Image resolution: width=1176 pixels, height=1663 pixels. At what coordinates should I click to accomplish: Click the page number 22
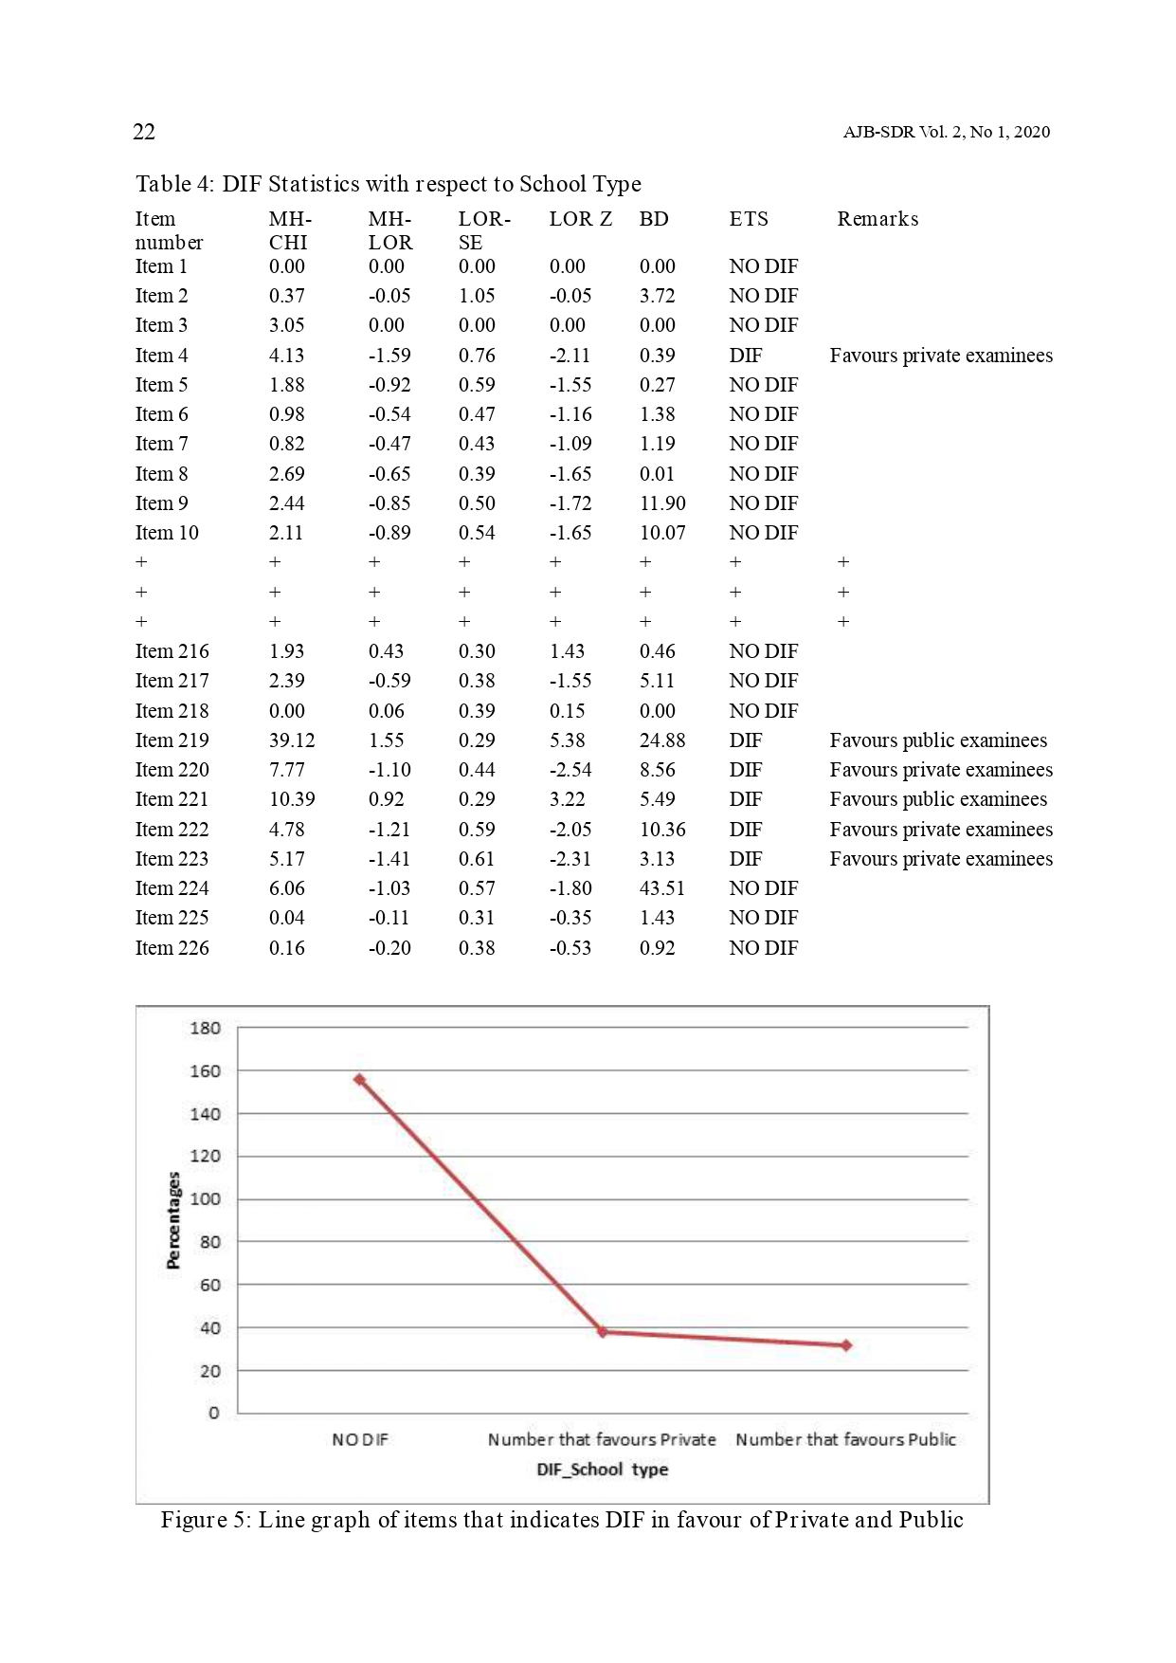[144, 132]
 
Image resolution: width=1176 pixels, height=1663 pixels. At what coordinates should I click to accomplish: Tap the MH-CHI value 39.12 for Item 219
[292, 740]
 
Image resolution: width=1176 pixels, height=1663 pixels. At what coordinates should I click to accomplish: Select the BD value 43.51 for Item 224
[661, 888]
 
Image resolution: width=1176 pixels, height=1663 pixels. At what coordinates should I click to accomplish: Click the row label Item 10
[167, 533]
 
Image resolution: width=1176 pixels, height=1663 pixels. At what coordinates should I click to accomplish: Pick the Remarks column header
[877, 219]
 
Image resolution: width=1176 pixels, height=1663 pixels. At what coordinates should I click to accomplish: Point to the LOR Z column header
[580, 219]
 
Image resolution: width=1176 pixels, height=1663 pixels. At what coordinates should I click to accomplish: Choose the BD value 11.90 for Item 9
[662, 503]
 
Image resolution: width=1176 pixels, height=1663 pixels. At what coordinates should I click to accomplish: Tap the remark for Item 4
[941, 356]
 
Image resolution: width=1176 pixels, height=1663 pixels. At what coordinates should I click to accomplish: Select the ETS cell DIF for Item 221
[746, 799]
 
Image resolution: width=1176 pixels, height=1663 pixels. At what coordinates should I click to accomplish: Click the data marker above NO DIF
[359, 1079]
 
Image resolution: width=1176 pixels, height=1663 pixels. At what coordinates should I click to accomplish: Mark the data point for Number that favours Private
[603, 1332]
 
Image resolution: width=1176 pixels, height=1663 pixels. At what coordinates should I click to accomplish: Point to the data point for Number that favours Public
[846, 1345]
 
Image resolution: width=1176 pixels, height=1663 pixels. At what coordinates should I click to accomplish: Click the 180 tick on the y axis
[205, 1028]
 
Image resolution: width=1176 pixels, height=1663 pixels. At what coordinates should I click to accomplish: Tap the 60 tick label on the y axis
[209, 1285]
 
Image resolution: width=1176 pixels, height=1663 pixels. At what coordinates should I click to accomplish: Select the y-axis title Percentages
[173, 1220]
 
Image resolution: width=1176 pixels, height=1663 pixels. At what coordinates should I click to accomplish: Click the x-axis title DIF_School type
[603, 1470]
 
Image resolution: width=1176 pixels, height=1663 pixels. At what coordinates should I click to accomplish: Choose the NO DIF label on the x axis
[360, 1439]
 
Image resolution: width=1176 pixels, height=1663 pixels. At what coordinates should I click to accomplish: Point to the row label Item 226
[172, 948]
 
